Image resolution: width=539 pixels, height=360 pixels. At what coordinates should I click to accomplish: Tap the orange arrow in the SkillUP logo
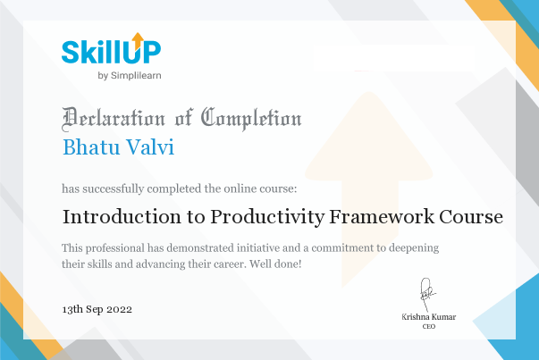pos(138,39)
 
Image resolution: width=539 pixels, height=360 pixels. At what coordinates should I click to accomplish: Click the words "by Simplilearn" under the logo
pos(129,75)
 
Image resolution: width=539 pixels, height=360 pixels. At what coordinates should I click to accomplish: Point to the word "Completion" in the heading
pos(251,117)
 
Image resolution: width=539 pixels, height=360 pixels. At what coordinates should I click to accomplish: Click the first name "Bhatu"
pos(91,146)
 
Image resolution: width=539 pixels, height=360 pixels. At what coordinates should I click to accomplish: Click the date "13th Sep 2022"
pos(97,308)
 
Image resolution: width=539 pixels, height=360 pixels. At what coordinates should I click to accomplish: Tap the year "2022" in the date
pos(120,308)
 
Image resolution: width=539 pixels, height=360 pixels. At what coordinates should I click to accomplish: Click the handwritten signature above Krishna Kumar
pos(427,291)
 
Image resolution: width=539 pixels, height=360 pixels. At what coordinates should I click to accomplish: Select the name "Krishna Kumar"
pos(428,318)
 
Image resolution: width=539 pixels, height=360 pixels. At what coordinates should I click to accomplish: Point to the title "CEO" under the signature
pos(428,328)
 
